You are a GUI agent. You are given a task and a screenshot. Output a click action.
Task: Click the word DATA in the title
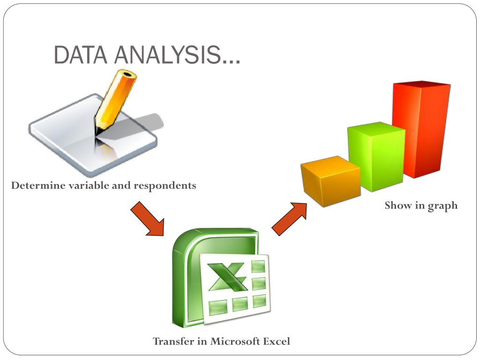[x=80, y=55]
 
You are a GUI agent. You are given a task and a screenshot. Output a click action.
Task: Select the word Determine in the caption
[x=38, y=186]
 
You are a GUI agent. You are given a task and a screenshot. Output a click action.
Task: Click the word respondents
[x=165, y=186]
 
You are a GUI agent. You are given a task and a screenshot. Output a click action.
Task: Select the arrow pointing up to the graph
[x=289, y=218]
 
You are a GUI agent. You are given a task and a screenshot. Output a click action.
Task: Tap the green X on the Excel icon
[x=228, y=277]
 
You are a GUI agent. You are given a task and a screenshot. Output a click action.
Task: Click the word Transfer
[x=173, y=341]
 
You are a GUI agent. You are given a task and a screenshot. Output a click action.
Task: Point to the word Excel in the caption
[x=277, y=341]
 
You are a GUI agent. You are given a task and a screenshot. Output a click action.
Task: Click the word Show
[x=398, y=205]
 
